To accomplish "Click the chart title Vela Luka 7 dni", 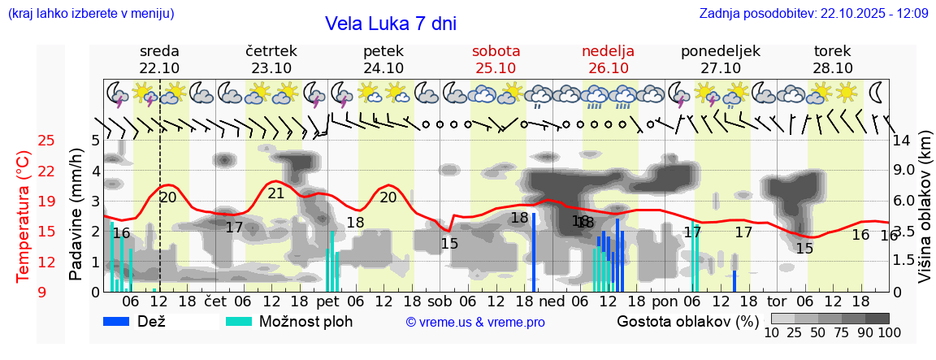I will coord(390,24).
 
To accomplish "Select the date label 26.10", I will coord(608,68).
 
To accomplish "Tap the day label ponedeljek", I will coord(720,50).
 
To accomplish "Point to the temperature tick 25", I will coord(46,141).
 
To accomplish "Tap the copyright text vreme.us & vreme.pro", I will coord(475,322).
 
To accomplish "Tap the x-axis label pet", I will coord(328,301).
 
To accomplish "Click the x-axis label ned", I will coord(552,301).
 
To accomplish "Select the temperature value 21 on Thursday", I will coord(276,193).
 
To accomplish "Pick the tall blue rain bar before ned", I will coord(534,252).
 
